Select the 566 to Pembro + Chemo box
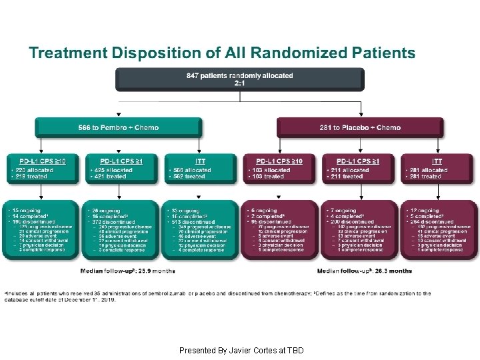point(119,127)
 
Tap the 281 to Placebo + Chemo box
point(360,127)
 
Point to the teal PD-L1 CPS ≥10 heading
point(42,161)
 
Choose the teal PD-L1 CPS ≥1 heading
point(121,161)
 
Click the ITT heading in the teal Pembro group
point(200,161)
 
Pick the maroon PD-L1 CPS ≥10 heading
point(280,161)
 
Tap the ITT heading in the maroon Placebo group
point(437,161)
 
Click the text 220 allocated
point(34,169)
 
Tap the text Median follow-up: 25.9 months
point(127,271)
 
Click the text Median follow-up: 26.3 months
point(365,271)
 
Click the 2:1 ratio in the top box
point(240,83)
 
